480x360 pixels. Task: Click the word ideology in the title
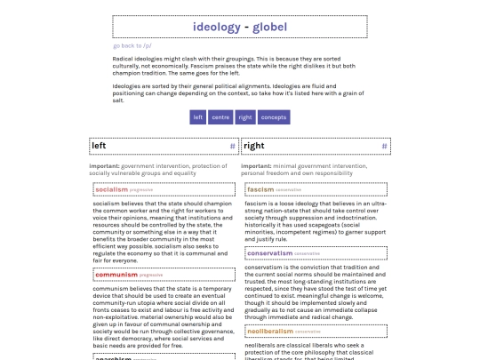click(216, 27)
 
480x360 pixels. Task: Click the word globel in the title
click(269, 27)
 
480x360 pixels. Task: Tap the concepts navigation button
click(273, 117)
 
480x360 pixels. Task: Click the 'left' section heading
click(100, 146)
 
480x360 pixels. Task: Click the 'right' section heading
click(253, 146)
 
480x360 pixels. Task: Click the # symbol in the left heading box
click(232, 146)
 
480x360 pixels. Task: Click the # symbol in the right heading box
click(384, 146)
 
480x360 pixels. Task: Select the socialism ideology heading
click(111, 189)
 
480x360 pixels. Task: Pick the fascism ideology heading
click(260, 189)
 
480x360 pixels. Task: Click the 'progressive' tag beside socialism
click(140, 190)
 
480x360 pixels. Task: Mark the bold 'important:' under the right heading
click(256, 165)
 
